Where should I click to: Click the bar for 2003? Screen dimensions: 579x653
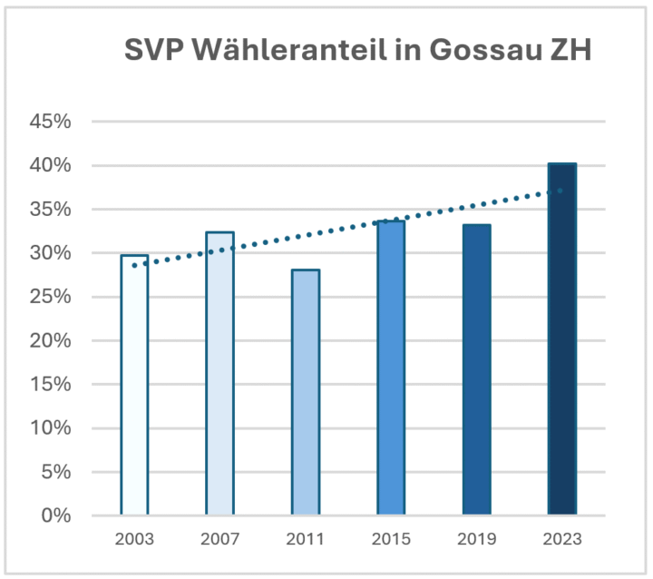[134, 386]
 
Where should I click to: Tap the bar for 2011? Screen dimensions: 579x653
[306, 393]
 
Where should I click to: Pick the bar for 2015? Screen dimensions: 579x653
[391, 368]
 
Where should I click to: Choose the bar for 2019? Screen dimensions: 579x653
[476, 370]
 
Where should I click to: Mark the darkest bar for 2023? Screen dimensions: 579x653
[562, 339]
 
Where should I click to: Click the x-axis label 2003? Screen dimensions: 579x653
[134, 539]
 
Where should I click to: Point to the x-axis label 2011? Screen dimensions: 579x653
[306, 539]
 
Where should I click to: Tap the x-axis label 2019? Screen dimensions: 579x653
[476, 539]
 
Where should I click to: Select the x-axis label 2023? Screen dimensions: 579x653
[562, 539]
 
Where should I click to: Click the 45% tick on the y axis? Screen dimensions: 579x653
[51, 122]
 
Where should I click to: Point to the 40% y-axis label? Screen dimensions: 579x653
[51, 165]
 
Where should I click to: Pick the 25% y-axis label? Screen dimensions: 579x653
[51, 297]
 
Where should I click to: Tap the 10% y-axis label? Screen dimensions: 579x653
[51, 428]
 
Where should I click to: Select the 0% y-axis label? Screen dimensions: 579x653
[56, 515]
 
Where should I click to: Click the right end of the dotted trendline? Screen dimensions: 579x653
[561, 191]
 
